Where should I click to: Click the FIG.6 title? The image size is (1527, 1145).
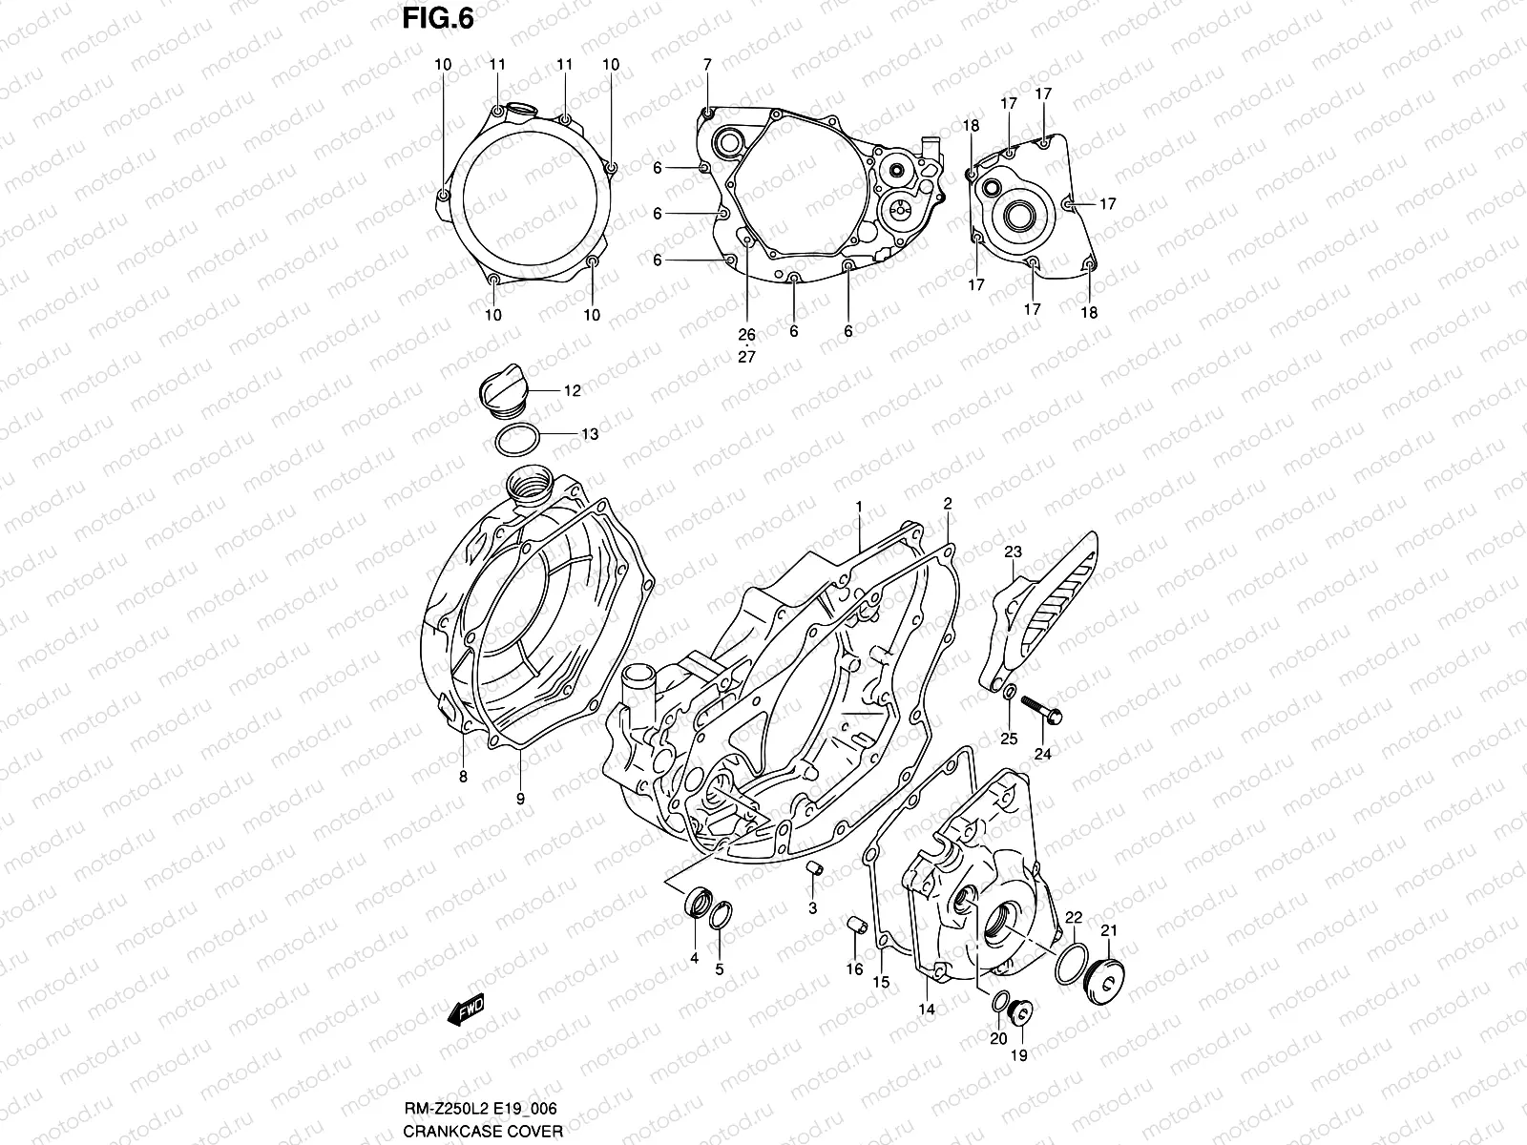[x=437, y=18]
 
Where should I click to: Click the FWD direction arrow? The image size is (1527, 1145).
[x=466, y=1009]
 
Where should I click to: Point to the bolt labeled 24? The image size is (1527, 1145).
[x=1042, y=709]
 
